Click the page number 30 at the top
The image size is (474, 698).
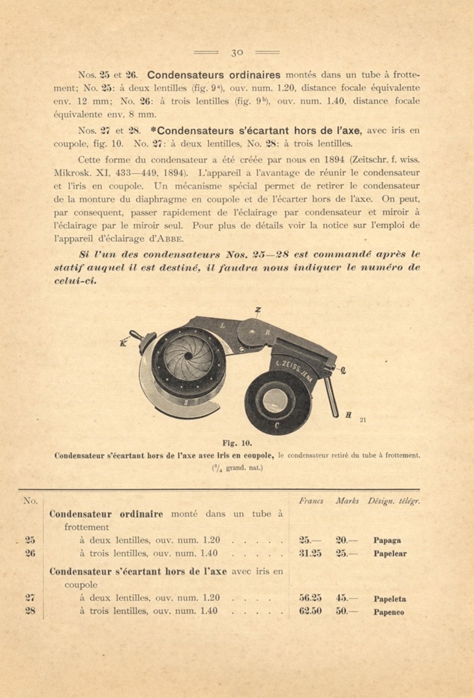point(237,52)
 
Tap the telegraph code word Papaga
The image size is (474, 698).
point(387,540)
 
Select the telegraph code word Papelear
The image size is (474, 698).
point(390,554)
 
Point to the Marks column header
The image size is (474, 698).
point(347,501)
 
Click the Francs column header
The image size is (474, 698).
point(311,501)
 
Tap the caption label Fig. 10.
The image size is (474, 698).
point(237,443)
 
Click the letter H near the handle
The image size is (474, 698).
point(348,415)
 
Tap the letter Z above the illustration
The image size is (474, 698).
point(258,310)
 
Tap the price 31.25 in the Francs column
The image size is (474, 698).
point(310,553)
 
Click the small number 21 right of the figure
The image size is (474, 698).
point(363,420)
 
